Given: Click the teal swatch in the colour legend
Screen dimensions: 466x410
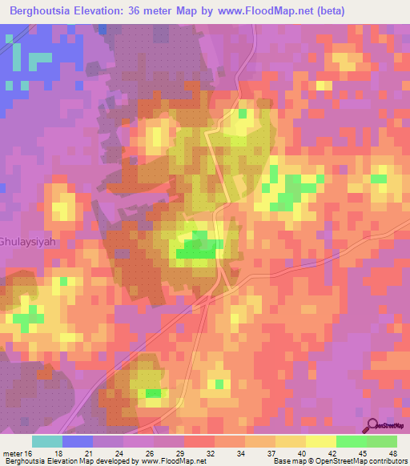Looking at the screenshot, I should click(47, 441).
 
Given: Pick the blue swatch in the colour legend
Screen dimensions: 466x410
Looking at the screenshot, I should click(78, 441).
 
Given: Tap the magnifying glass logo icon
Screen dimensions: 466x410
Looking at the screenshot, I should click(372, 426).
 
